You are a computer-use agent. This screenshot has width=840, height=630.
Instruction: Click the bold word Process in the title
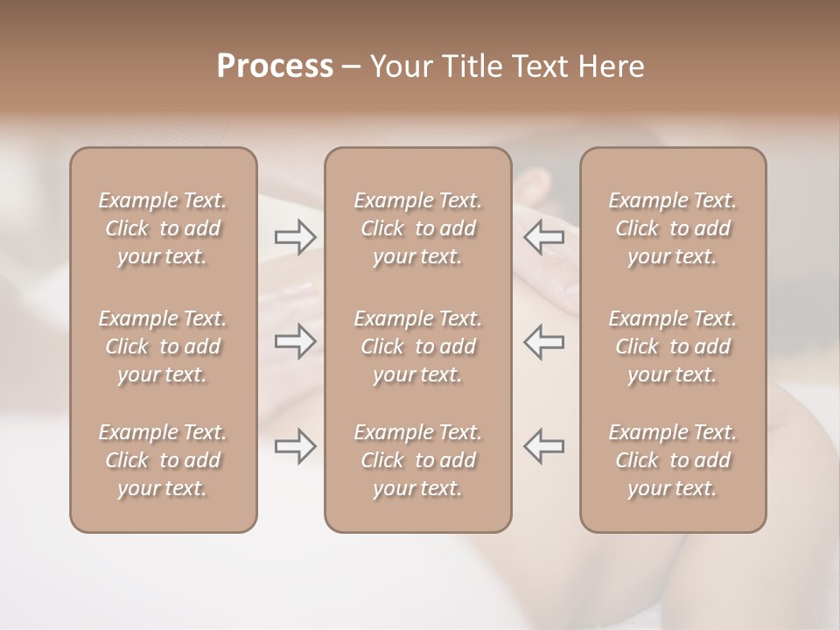(275, 66)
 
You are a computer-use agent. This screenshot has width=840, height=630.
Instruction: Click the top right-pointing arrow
(295, 237)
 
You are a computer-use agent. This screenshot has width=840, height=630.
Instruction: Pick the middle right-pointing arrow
(295, 341)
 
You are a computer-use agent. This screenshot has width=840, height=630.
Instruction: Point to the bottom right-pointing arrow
(295, 446)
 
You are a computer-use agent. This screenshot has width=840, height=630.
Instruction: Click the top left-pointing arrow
(544, 237)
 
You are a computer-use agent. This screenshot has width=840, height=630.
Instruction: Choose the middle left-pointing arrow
(544, 341)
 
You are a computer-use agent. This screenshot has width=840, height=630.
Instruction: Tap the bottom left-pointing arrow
(544, 446)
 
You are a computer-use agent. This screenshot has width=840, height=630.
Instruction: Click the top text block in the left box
(163, 228)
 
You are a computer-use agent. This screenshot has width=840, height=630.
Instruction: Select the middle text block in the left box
(163, 346)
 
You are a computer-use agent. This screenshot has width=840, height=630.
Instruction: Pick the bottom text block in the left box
(163, 460)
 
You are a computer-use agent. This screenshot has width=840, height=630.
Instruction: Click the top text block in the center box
(418, 228)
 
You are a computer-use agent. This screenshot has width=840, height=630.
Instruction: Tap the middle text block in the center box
(418, 346)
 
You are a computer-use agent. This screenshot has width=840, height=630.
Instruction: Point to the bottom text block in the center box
(418, 460)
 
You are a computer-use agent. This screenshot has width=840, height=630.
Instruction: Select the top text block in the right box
(673, 228)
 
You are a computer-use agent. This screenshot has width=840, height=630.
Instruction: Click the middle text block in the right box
(673, 346)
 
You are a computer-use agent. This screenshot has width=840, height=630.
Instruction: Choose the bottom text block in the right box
(673, 460)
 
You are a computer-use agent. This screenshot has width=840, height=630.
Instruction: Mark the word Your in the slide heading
(399, 66)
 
